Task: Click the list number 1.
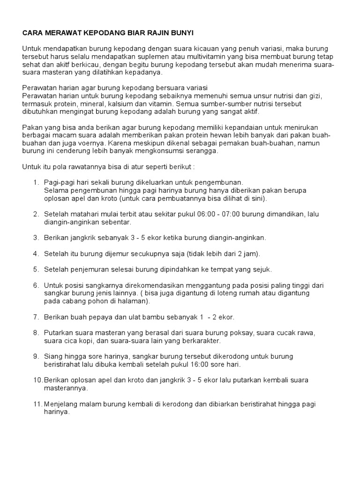[36, 182]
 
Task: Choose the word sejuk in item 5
[262, 270]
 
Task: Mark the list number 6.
[36, 285]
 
